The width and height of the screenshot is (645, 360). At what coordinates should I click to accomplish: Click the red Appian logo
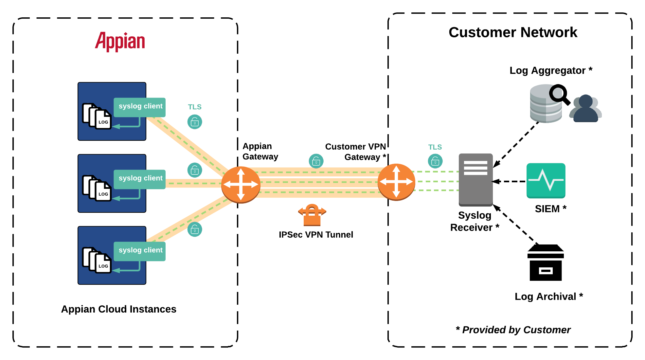[x=120, y=42]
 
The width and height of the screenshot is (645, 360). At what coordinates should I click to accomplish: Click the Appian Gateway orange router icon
[x=241, y=185]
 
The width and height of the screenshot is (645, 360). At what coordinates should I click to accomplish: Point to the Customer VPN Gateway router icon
[x=396, y=182]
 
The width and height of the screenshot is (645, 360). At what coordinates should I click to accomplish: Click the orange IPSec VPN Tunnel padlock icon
[x=312, y=215]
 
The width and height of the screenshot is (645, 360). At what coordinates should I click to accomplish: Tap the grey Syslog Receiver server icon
[x=475, y=180]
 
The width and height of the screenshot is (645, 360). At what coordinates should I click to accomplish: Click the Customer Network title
[x=513, y=32]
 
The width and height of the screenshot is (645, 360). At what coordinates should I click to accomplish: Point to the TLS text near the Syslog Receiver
[x=435, y=147]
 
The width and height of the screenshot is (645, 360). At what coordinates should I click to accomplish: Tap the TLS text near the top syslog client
[x=195, y=107]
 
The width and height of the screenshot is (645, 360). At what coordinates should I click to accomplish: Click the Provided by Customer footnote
[x=513, y=330]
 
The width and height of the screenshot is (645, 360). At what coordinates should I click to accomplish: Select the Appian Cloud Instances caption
[x=118, y=309]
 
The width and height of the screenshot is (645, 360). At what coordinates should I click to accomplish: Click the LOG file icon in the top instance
[x=103, y=119]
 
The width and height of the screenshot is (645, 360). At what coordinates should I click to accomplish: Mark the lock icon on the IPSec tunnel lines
[x=316, y=161]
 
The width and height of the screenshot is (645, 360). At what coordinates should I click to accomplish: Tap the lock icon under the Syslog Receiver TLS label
[x=435, y=161]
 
